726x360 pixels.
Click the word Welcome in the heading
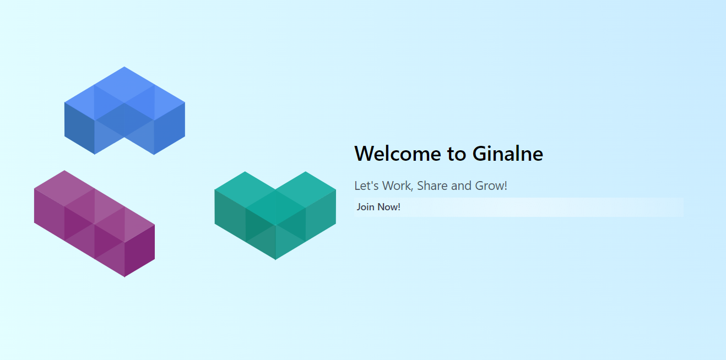click(398, 154)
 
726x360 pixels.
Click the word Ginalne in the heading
click(507, 154)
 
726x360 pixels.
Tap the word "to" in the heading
click(457, 154)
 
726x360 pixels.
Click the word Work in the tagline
click(398, 186)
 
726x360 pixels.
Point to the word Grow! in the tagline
click(491, 186)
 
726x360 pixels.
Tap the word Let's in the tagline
click(366, 186)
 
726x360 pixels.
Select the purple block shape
click(94, 223)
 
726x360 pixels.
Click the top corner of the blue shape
click(124, 67)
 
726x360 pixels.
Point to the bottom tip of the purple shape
click(124, 277)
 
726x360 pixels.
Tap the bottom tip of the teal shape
click(275, 260)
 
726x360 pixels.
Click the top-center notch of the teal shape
click(275, 189)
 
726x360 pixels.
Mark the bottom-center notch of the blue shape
click(124, 138)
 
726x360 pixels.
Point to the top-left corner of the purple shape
click(34, 189)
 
